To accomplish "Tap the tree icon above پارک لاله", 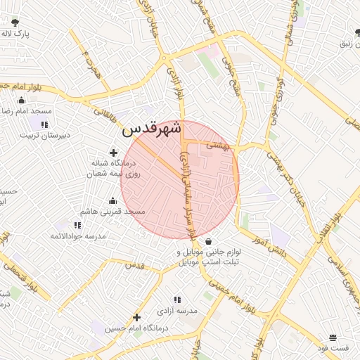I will coord(15,22).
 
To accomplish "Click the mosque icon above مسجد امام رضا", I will coord(31,100).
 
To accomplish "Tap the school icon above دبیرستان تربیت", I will coord(45,124).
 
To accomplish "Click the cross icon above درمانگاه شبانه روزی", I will coord(113,152).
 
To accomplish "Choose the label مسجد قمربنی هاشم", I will coord(112,211).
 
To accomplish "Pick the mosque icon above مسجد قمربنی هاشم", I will coord(112,200).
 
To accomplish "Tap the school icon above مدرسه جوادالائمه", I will coord(77,225).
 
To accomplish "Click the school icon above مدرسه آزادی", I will coord(176,299).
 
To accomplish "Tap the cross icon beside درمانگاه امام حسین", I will coord(136,317).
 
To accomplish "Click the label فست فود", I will coord(333,348).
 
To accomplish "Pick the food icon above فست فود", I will coord(333,337).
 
